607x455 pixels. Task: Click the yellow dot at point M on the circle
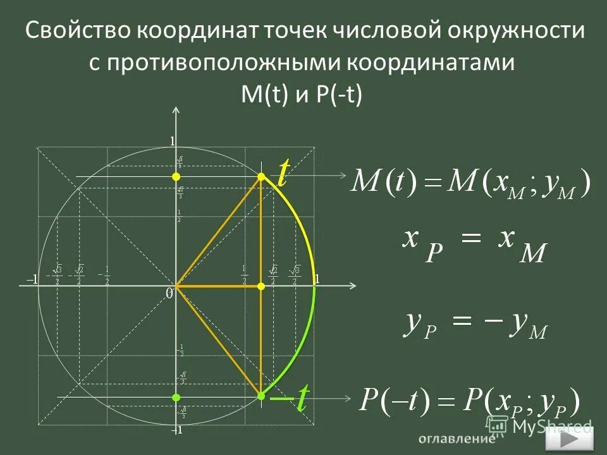261,177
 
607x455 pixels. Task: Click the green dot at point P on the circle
261,396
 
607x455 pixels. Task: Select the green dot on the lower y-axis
176,397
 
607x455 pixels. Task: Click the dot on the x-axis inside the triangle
261,286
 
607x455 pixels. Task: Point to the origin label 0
169,294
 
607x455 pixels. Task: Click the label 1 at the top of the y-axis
171,142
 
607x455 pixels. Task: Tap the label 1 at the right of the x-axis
317,279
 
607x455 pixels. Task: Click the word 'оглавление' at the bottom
455,439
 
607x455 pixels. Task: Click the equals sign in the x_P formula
474,240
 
